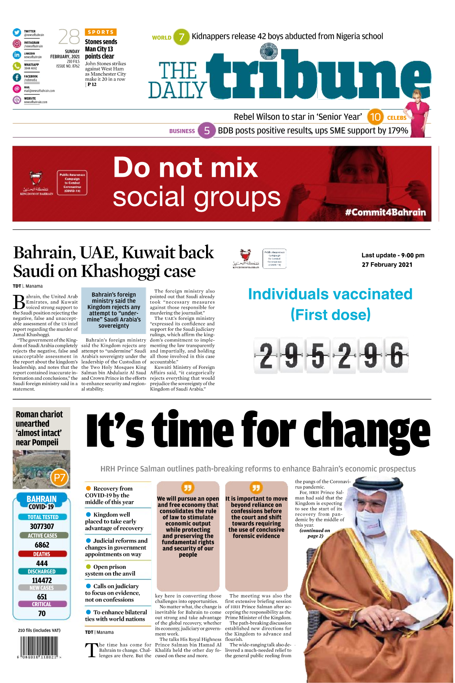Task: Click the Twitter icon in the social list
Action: [17, 32]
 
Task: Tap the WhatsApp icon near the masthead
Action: [17, 66]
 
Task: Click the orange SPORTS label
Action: [101, 32]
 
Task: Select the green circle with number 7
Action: [181, 37]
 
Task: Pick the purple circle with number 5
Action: [207, 131]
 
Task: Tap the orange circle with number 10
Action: [375, 117]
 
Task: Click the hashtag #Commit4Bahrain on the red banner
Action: [385, 212]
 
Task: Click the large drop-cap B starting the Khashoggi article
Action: [19, 302]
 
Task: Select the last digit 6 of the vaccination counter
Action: [397, 355]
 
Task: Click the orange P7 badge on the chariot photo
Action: [60, 477]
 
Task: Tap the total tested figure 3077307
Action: [42, 526]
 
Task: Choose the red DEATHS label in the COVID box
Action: [42, 554]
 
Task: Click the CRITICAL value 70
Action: [42, 613]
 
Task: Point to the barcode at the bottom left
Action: [39, 647]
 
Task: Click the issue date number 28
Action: [69, 37]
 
